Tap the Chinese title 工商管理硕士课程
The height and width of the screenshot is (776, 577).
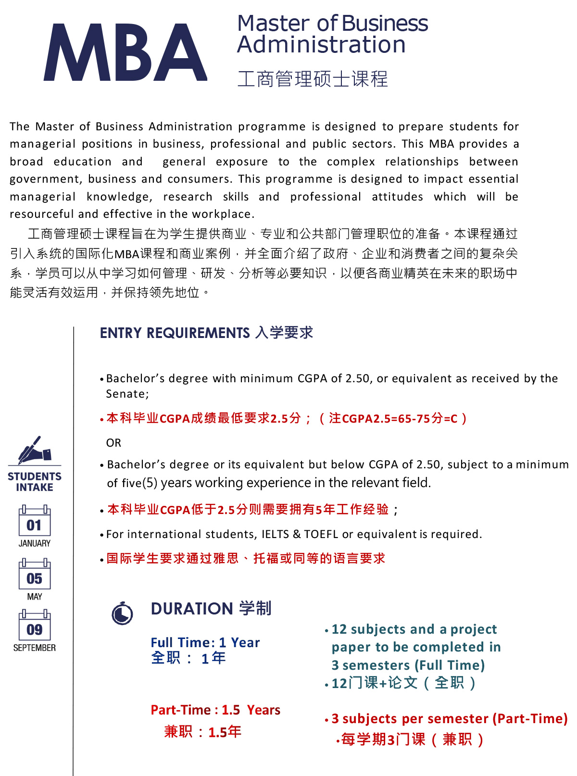[313, 79]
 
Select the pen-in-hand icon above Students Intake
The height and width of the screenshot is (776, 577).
[34, 450]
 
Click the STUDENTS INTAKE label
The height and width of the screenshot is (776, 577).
[35, 482]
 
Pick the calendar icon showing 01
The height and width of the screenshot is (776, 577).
[35, 521]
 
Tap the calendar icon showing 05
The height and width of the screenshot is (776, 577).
[35, 574]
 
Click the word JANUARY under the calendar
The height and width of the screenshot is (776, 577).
[35, 543]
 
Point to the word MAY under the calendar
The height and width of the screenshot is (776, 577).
[35, 597]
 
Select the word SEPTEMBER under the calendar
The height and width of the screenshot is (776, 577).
[35, 648]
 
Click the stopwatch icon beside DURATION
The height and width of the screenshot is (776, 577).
[122, 613]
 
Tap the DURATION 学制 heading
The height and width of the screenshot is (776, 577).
[211, 609]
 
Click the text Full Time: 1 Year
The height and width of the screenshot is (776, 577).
[205, 643]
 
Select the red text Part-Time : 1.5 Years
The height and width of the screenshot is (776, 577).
[215, 710]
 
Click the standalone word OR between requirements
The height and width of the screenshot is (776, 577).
[113, 443]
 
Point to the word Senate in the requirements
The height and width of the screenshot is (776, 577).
[126, 394]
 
